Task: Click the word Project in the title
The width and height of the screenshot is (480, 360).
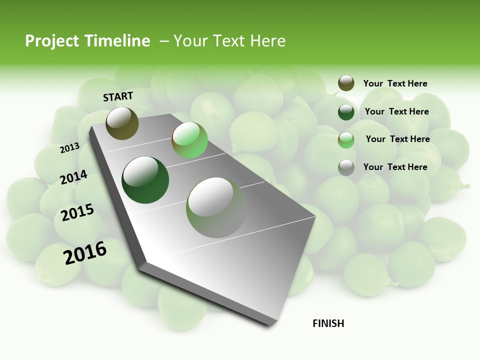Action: point(52,41)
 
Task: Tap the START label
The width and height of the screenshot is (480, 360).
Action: point(118,96)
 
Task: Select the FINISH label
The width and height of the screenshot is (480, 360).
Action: point(328,323)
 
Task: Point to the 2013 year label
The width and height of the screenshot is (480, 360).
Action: point(69,147)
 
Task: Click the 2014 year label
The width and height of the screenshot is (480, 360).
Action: point(74,177)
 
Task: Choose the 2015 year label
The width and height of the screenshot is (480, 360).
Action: point(77,212)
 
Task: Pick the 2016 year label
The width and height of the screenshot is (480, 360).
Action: point(85,252)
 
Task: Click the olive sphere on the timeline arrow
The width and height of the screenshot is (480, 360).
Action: point(122,123)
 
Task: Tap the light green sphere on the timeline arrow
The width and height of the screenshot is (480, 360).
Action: point(189,140)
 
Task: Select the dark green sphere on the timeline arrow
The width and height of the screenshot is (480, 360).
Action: point(145,180)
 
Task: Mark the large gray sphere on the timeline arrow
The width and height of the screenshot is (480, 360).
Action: point(216,207)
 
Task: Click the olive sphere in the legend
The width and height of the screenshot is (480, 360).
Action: point(346,83)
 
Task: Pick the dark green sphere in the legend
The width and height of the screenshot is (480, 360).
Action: point(346,112)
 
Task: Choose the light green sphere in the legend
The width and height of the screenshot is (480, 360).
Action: point(346,140)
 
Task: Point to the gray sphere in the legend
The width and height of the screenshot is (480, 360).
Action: point(346,167)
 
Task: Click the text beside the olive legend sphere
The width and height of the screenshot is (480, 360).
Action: point(395,83)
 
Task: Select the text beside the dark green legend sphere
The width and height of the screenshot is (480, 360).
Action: point(396,111)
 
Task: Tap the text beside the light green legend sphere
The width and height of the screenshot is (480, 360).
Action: point(397,139)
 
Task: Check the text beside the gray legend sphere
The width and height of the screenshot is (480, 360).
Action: point(395,167)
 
